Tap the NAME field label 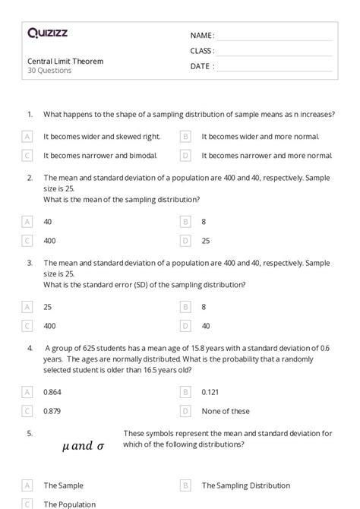(202, 36)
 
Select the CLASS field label (202, 51)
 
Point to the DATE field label (202, 66)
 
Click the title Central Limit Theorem (65, 61)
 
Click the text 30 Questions (49, 71)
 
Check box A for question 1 (27, 137)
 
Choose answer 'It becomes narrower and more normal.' (267, 156)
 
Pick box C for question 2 (27, 241)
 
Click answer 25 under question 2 (206, 241)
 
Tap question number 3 (30, 262)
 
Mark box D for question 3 (185, 326)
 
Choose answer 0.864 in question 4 (52, 392)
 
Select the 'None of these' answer (226, 411)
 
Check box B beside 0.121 (185, 392)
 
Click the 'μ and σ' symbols (83, 446)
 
